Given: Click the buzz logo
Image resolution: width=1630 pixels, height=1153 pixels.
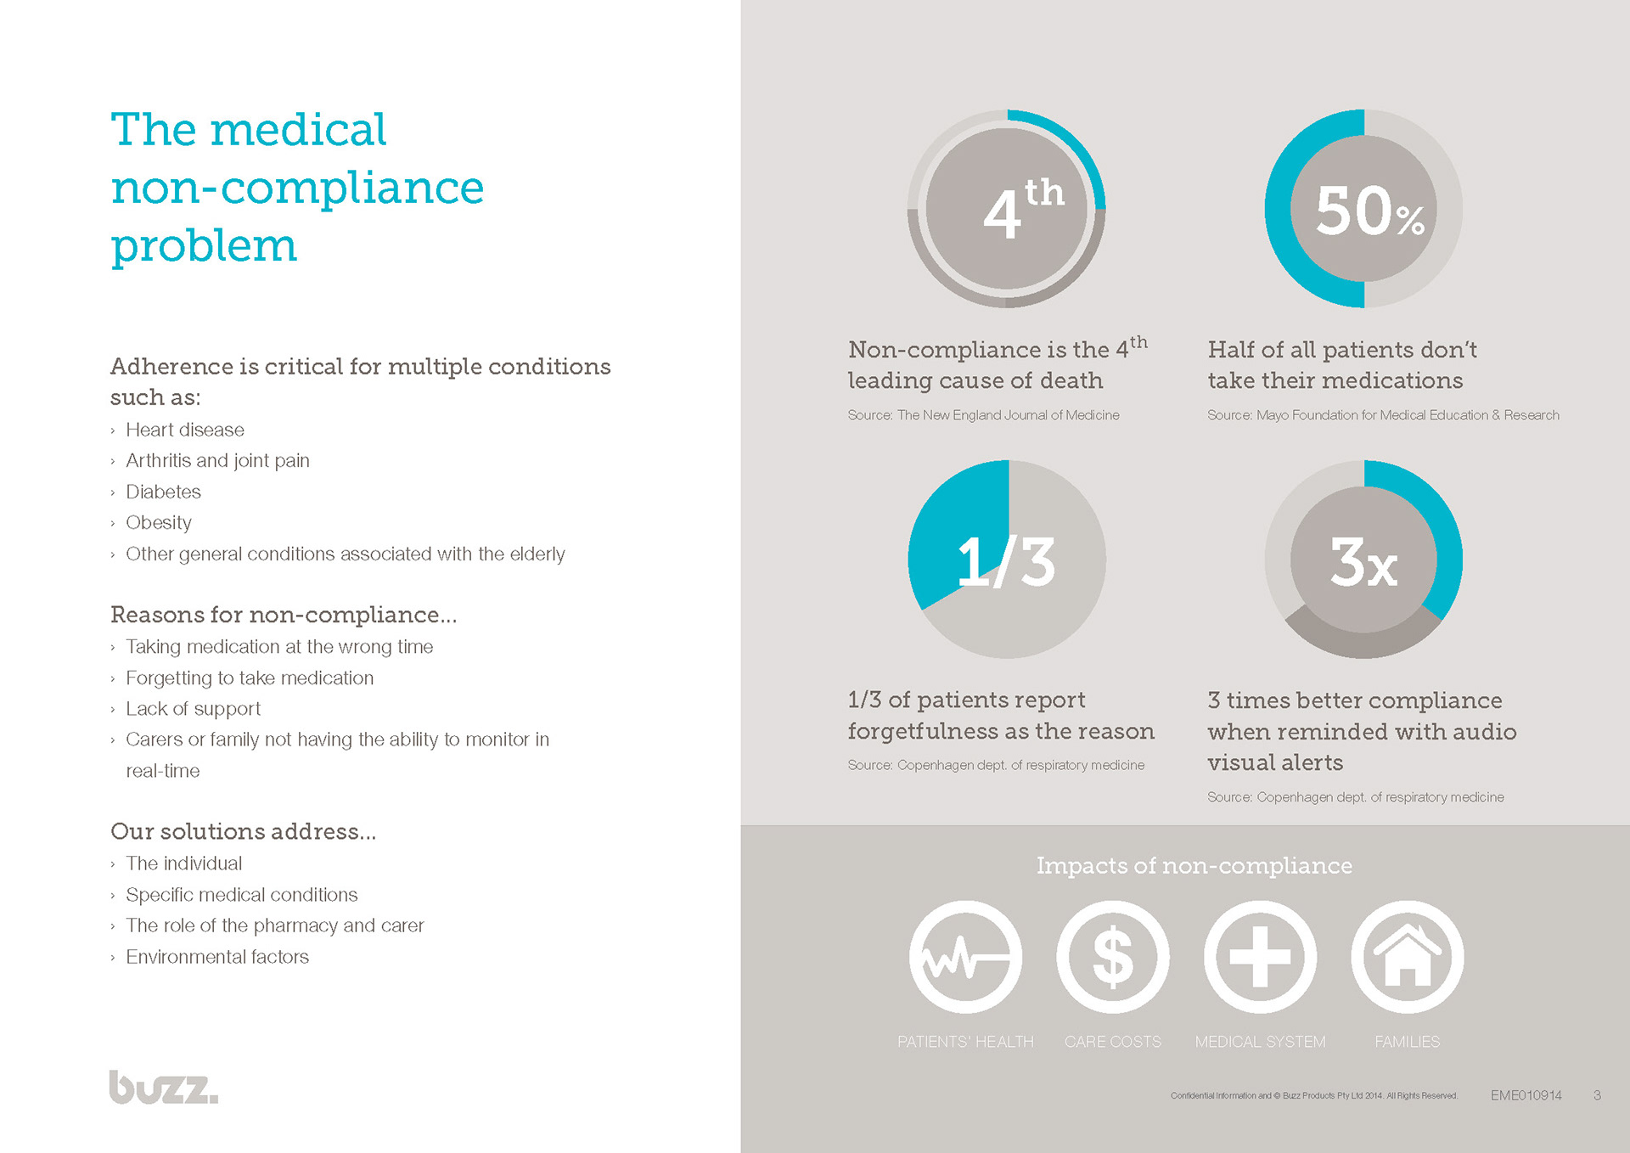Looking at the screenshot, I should tap(163, 1088).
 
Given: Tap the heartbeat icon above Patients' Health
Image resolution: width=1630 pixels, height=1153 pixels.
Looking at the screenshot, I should tap(965, 957).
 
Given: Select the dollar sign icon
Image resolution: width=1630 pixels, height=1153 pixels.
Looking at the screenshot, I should tap(1112, 957).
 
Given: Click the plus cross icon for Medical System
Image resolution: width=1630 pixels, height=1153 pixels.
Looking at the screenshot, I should tap(1260, 957).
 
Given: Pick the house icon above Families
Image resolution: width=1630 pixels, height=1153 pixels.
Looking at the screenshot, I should tap(1407, 957).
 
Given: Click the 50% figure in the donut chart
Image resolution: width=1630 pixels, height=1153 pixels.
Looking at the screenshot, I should tap(1369, 211).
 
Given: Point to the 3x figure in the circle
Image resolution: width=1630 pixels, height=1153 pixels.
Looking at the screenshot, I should tap(1363, 562).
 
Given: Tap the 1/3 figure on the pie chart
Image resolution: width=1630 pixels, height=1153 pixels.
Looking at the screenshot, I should tap(1006, 562).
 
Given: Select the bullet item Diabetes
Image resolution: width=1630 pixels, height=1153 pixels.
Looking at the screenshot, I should tap(163, 492).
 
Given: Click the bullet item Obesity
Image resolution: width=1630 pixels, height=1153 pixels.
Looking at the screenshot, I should tap(159, 522).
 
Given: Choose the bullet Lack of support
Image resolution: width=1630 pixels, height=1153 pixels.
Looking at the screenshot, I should tap(193, 708).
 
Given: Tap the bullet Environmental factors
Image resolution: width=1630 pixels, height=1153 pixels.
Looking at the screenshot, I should tap(217, 957).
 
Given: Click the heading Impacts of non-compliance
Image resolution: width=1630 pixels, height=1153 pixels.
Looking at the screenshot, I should tap(1194, 865).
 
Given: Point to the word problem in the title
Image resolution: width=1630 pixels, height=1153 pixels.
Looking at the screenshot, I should tap(204, 245).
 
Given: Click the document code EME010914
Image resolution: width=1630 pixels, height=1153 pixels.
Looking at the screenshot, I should tap(1526, 1095).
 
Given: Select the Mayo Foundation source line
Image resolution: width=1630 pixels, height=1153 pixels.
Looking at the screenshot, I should tap(1383, 415).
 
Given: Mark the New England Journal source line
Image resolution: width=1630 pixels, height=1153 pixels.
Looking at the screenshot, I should tap(983, 415).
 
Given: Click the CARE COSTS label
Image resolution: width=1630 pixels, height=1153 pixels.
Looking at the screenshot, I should tap(1112, 1042).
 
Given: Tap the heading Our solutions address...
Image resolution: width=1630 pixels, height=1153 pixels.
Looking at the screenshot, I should tap(243, 831).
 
